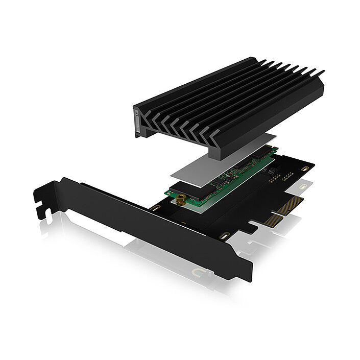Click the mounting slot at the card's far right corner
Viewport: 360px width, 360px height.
[305, 168]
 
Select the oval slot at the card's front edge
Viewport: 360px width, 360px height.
[223, 236]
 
